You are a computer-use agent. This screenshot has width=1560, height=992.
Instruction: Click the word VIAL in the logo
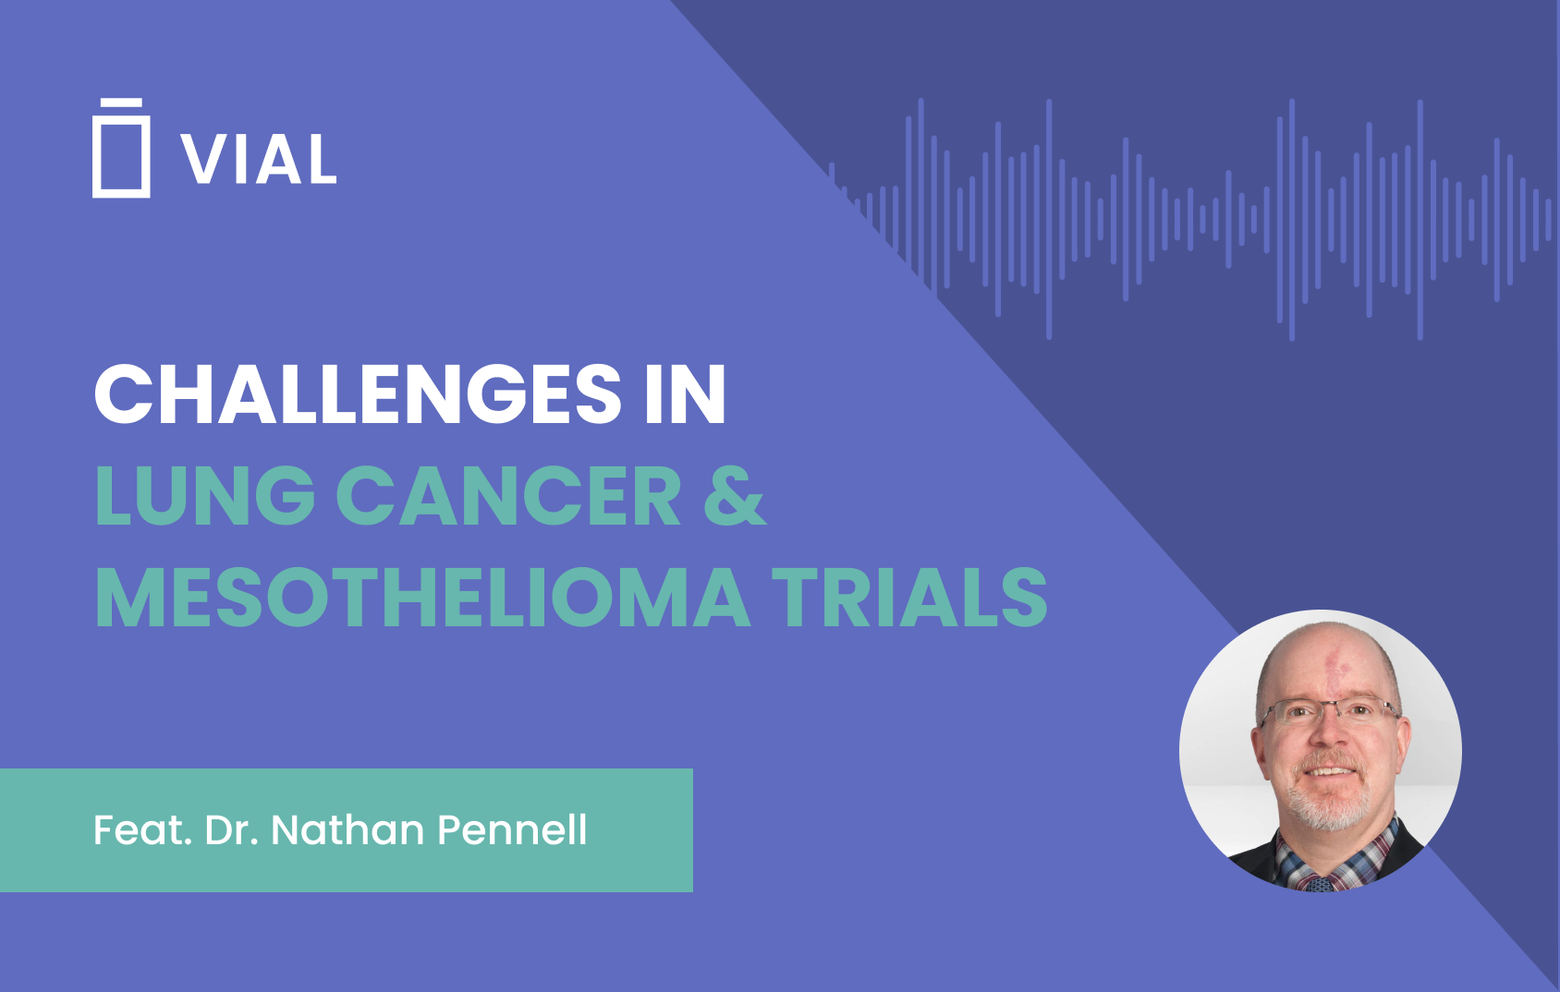click(259, 160)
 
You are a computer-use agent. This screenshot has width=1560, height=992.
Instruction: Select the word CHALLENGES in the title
click(359, 394)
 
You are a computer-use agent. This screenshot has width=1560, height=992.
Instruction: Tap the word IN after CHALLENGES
click(685, 394)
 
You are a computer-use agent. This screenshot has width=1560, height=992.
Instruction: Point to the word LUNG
click(205, 496)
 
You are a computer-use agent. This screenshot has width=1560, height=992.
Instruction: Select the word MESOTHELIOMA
click(422, 598)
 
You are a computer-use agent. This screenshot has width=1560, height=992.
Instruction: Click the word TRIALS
click(909, 598)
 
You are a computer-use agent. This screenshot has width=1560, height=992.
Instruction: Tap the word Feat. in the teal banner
click(142, 829)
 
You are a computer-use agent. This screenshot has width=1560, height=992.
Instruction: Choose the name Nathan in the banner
click(347, 829)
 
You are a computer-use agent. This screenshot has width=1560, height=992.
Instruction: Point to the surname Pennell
click(511, 829)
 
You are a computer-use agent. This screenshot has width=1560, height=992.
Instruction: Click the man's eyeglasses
click(1328, 711)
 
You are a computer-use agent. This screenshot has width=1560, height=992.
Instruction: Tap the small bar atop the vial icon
click(121, 102)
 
